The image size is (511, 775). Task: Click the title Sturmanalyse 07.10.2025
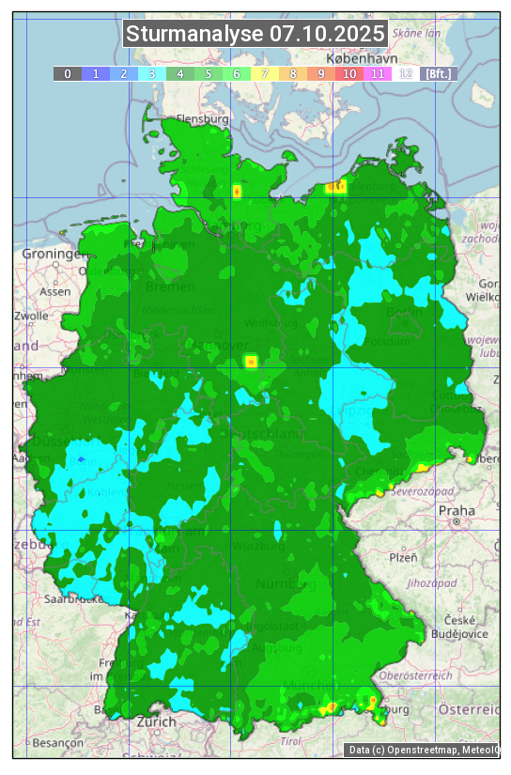[255, 35]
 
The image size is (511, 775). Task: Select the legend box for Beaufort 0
[68, 73]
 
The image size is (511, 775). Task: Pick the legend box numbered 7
[265, 73]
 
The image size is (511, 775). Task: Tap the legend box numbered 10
[349, 73]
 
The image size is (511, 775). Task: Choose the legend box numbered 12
[406, 73]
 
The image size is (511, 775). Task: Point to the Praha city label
[457, 511]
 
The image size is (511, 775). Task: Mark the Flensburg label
[202, 120]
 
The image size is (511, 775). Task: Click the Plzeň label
[403, 557]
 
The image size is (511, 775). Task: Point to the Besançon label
[55, 742]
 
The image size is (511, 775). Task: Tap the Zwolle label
[31, 316]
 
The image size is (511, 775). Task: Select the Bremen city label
[170, 286]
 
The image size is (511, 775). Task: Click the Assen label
[55, 291]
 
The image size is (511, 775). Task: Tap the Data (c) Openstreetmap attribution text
[423, 750]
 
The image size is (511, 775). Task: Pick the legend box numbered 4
[180, 73]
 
